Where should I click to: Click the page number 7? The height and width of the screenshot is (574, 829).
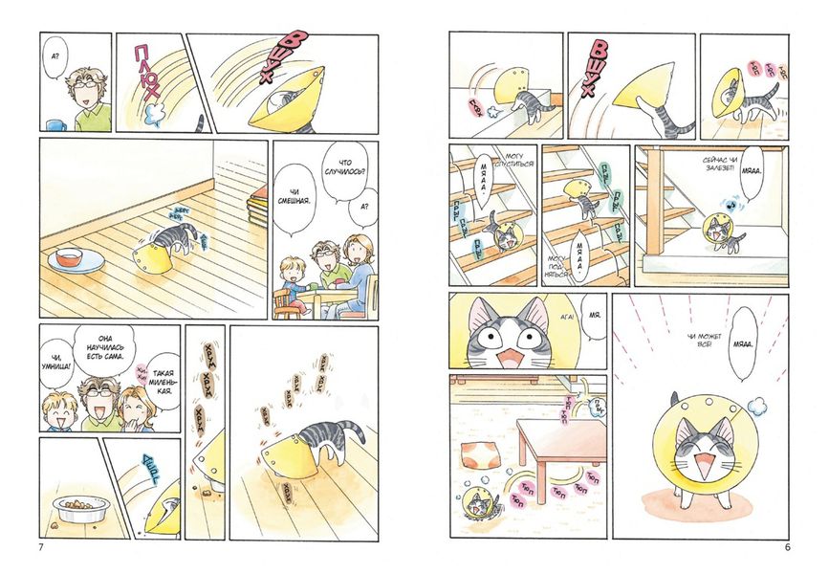click(39, 547)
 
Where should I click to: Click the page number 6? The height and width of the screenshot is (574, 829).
click(786, 547)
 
